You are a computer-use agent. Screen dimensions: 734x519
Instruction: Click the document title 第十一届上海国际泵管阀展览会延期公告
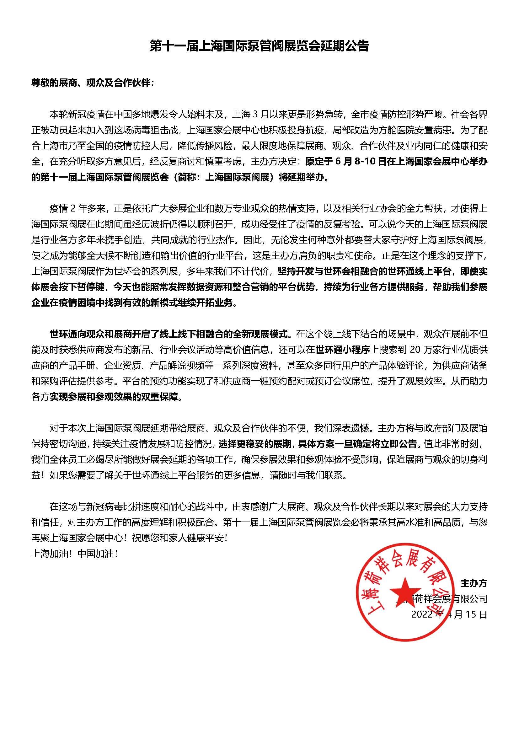(x=259, y=46)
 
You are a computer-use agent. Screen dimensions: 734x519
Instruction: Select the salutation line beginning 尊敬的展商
(x=93, y=83)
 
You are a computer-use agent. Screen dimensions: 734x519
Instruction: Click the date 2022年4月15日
(x=449, y=614)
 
